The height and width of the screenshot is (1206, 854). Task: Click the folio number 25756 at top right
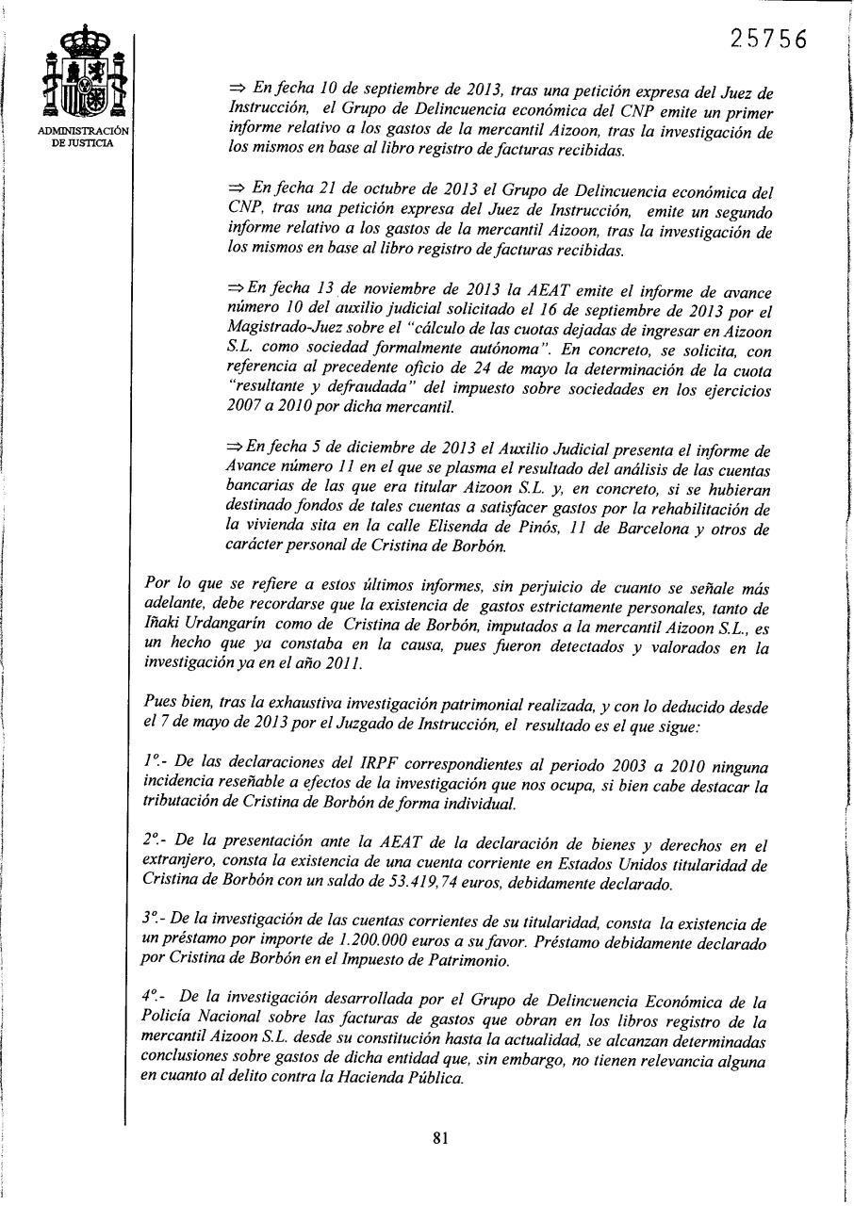point(769,39)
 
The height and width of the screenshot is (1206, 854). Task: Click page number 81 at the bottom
point(439,1137)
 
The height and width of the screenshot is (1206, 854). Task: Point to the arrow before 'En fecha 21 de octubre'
point(236,188)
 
